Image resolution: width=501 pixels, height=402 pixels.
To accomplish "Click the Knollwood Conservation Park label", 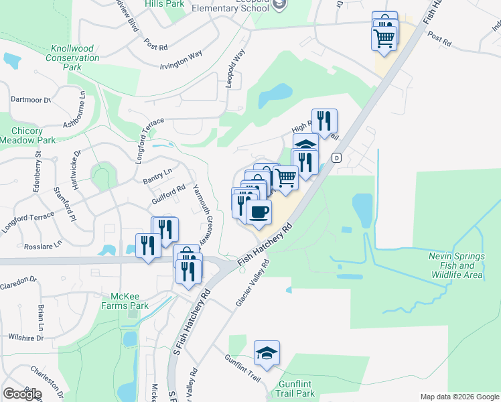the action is tap(75, 58).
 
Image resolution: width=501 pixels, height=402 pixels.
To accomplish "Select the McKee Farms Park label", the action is tap(130, 301).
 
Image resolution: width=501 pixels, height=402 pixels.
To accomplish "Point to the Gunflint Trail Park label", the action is tap(295, 389).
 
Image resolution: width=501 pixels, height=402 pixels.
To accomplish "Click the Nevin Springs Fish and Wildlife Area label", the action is tap(455, 265).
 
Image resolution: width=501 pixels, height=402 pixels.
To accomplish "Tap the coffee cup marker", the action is tap(259, 213).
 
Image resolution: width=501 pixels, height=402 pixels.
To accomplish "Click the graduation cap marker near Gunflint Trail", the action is tap(267, 354).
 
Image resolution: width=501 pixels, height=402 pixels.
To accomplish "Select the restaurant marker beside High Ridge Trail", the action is tap(324, 122).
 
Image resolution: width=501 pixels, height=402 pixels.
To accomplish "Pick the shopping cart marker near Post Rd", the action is tap(384, 38).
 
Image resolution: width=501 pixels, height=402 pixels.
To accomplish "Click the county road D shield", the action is tap(336, 158).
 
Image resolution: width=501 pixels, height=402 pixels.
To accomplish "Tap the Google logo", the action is tap(22, 394).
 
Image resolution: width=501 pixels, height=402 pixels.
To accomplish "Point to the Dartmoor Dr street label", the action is tap(31, 99).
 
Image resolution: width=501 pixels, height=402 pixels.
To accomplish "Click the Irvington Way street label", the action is tap(181, 60).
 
